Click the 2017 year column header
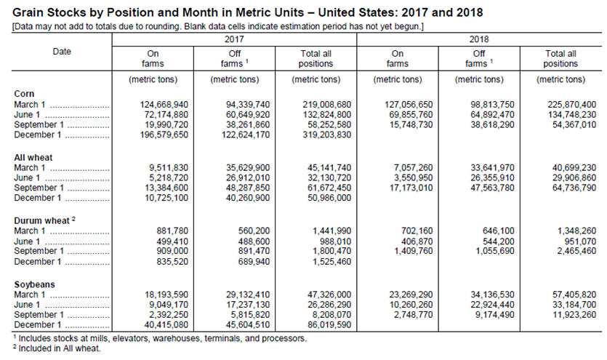[x=234, y=39]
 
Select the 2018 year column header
[x=479, y=39]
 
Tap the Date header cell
[x=62, y=52]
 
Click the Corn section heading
[x=24, y=94]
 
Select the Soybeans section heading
[x=34, y=284]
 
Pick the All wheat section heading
[x=33, y=158]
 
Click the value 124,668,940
[x=164, y=105]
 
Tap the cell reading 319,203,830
[x=327, y=135]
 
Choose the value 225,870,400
[x=572, y=105]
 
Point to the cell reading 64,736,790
[x=574, y=188]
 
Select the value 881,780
[x=172, y=231]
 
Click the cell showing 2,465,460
[x=576, y=251]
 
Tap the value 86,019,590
[x=329, y=325]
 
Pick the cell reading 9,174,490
[x=495, y=315]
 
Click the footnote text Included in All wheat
[x=60, y=348]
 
